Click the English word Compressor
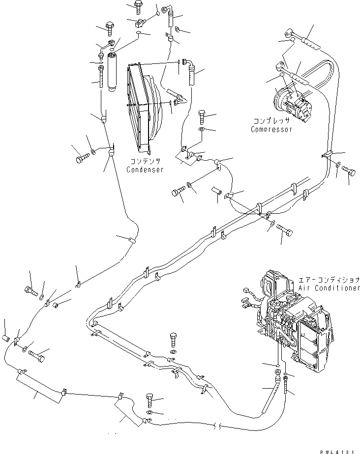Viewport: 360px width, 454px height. coord(271,130)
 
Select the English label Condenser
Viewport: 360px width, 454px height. coord(145,170)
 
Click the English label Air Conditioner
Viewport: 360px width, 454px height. coord(329,288)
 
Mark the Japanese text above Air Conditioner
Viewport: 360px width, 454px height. coord(332,279)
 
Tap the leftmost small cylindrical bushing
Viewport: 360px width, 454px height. coord(7,339)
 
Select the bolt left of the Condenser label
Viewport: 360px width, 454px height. coord(81,159)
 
